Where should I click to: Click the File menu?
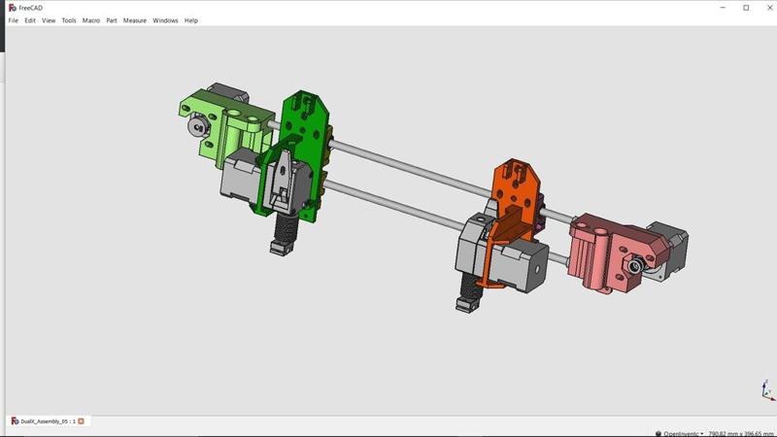pyautogui.click(x=14, y=20)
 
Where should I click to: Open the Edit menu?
pyautogui.click(x=30, y=20)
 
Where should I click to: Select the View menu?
pyautogui.click(x=49, y=20)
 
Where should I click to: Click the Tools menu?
pyautogui.click(x=69, y=20)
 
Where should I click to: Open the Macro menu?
pyautogui.click(x=91, y=20)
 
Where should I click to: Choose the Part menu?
pyautogui.click(x=112, y=20)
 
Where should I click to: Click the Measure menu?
pyautogui.click(x=135, y=20)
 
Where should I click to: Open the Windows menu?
pyautogui.click(x=165, y=20)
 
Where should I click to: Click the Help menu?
pyautogui.click(x=191, y=20)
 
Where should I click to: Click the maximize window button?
pyautogui.click(x=746, y=7)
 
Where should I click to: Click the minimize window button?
pyautogui.click(x=720, y=7)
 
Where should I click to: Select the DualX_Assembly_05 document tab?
pyautogui.click(x=44, y=421)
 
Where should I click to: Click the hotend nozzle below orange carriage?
pyautogui.click(x=465, y=305)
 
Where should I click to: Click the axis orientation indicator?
pyautogui.click(x=766, y=391)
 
